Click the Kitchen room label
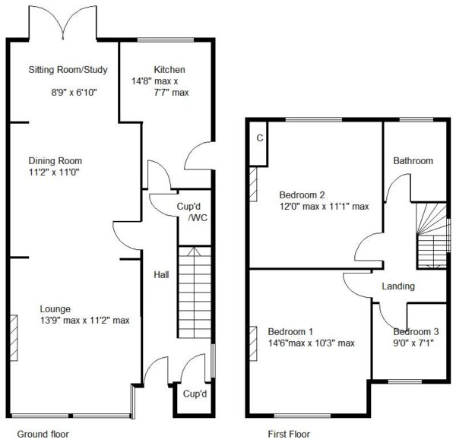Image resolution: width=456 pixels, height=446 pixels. point(169,70)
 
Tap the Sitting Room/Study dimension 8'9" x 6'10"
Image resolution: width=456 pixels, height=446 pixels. point(74,93)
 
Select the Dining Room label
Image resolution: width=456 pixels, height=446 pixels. point(55,161)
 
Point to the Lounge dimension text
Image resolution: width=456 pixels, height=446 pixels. point(85,321)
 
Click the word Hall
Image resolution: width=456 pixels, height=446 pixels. point(161,275)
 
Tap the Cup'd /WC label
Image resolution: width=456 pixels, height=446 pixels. point(192,212)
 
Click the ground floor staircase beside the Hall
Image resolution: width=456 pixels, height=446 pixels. point(195,293)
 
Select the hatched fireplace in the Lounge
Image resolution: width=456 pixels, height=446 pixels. point(14,338)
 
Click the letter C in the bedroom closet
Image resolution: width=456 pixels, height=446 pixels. point(260,138)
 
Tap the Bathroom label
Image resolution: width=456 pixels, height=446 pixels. point(413,161)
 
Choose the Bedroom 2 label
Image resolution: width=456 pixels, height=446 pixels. point(302,195)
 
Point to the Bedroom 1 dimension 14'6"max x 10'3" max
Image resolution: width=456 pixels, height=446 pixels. point(311,343)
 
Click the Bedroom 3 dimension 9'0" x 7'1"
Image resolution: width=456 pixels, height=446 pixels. point(413,343)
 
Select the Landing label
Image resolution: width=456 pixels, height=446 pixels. point(398,286)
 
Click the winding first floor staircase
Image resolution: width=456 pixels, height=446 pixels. point(432,236)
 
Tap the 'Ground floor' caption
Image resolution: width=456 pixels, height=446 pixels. point(43,435)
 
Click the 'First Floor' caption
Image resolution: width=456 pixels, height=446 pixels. point(289,435)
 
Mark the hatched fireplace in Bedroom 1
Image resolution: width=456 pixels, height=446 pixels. point(253,343)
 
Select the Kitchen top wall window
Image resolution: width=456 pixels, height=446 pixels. point(166,40)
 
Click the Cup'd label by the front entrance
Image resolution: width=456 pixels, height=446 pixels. point(195,394)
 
